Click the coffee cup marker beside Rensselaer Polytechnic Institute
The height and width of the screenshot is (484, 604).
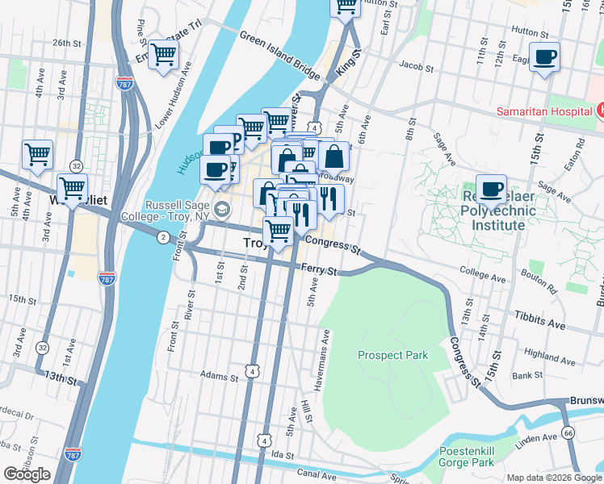click(491, 190)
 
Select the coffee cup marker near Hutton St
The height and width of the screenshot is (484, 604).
click(546, 58)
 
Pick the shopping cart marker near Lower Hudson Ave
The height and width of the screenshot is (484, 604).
click(164, 56)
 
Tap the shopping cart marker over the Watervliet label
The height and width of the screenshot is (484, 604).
click(72, 189)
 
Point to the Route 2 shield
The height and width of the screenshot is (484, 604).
click(163, 236)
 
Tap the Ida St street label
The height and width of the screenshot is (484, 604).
click(282, 456)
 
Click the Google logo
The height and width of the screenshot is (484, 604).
click(27, 474)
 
